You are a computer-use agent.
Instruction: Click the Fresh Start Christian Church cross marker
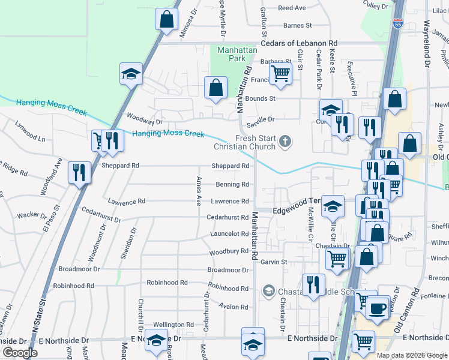tap(286, 142)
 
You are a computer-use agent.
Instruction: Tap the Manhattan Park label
tap(232, 54)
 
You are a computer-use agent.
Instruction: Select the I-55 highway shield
tap(397, 24)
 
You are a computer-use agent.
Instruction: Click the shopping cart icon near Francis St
tap(280, 74)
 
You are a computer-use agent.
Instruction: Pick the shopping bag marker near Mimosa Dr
tap(167, 19)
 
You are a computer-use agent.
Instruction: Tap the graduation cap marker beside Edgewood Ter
tap(332, 206)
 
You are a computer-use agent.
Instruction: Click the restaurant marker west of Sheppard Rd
tap(79, 172)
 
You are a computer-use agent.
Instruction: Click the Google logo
tap(20, 353)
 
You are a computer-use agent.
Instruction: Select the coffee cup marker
tap(377, 308)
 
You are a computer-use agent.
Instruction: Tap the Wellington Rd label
tap(173, 325)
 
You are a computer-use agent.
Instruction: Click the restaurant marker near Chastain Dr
tap(313, 284)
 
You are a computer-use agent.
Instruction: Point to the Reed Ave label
tap(292, 8)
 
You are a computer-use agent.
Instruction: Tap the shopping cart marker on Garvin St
tap(337, 259)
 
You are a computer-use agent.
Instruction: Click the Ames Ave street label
tap(198, 191)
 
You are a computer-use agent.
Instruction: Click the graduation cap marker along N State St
tap(131, 73)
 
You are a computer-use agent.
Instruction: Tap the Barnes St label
tap(298, 26)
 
